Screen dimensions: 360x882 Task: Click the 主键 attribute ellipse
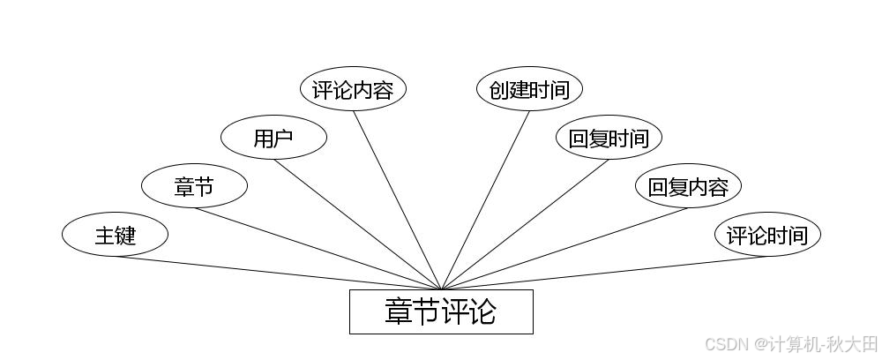[115, 236]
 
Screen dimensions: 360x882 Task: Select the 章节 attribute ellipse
[194, 186]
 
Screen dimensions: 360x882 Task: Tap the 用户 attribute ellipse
[273, 138]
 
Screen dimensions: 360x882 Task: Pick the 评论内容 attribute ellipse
[353, 89]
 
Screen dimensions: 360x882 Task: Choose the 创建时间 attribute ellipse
[529, 89]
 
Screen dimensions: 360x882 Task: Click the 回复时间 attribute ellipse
[609, 138]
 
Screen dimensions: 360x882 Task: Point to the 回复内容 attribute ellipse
[688, 186]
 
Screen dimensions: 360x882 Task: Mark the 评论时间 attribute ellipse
[767, 236]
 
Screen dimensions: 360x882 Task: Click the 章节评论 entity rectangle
[441, 311]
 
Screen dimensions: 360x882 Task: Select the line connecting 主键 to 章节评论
[278, 273]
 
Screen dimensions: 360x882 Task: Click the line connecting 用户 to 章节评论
[357, 224]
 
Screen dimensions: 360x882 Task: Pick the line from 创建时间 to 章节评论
[485, 199]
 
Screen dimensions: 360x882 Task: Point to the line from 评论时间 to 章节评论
[604, 273]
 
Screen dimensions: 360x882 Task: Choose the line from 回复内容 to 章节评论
[564, 248]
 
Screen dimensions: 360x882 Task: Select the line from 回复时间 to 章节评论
[525, 224]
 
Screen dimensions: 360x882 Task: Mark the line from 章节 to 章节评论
[318, 248]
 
